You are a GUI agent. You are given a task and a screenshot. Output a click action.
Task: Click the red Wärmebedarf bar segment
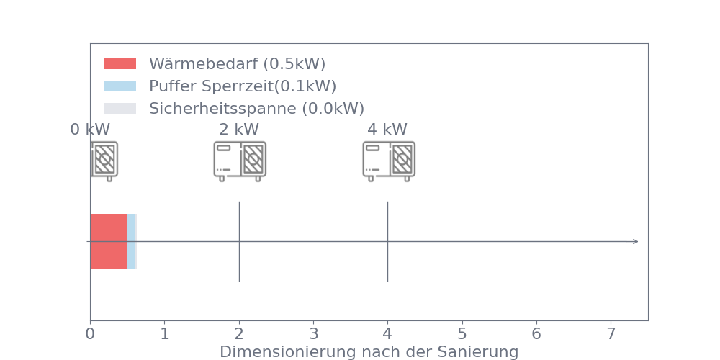pos(109,241)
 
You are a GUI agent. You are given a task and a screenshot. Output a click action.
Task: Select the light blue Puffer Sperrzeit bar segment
pos(131,241)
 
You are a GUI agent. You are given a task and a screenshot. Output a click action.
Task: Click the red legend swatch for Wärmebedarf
pos(120,63)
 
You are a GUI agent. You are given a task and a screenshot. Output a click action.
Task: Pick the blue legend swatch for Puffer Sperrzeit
pos(120,86)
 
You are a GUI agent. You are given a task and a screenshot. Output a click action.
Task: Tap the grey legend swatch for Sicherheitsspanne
pos(120,109)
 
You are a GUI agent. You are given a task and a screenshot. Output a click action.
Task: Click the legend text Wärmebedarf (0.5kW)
pos(238,64)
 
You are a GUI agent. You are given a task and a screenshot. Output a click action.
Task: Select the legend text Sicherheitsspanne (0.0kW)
pos(257,109)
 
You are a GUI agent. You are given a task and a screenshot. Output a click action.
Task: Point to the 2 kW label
pos(239,130)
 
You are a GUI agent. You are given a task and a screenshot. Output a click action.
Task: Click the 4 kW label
pos(387,130)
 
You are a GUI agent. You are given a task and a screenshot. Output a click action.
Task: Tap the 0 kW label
pos(90,130)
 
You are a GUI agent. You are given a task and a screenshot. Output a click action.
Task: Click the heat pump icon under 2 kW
pos(240,161)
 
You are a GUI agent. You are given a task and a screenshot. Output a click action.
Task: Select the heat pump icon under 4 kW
pos(389,161)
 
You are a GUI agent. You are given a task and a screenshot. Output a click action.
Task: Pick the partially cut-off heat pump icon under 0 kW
pos(104,161)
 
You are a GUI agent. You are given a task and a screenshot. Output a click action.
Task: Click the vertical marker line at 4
pos(387,241)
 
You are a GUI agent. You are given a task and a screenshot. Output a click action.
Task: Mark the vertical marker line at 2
pos(239,241)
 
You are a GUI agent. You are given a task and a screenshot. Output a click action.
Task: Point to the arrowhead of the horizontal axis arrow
pos(636,241)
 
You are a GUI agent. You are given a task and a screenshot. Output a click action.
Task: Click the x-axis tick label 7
pos(611,334)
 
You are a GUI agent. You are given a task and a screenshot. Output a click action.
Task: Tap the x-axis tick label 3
pos(314,334)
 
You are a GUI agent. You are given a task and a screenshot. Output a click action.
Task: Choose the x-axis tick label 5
pos(462,334)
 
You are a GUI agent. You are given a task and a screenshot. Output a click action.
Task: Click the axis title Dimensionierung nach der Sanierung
pos(369,352)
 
